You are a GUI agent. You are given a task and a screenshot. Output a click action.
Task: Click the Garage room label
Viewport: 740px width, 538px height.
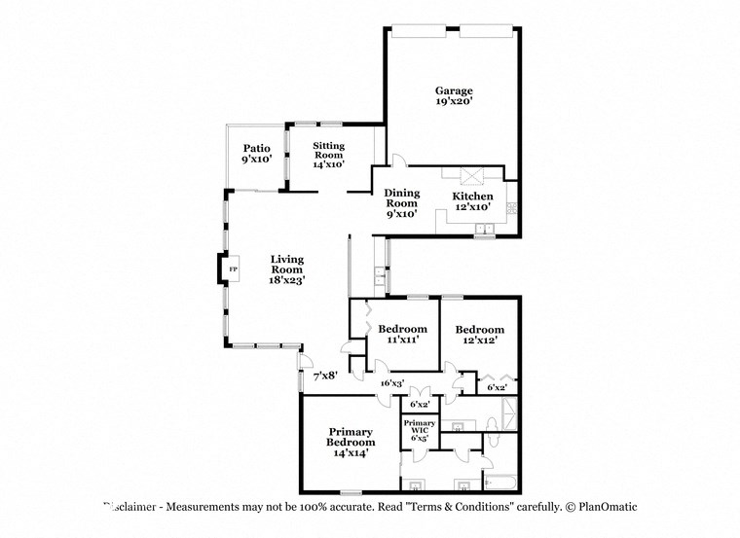tap(454, 90)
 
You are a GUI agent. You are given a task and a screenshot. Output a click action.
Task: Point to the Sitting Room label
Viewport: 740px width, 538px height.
tap(328, 150)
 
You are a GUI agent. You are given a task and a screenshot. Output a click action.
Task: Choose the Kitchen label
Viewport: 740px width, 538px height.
tap(472, 196)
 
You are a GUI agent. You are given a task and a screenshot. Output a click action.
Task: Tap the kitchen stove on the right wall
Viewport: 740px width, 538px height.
tap(512, 206)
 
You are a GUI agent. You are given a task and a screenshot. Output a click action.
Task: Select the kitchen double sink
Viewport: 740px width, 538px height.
tap(483, 231)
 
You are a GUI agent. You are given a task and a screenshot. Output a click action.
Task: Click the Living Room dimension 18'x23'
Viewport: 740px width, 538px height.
tap(287, 279)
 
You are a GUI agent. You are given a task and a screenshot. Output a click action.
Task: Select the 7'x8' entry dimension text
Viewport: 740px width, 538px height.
tap(324, 376)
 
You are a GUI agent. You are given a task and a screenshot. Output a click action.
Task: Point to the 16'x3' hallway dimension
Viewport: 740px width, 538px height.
tap(392, 383)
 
